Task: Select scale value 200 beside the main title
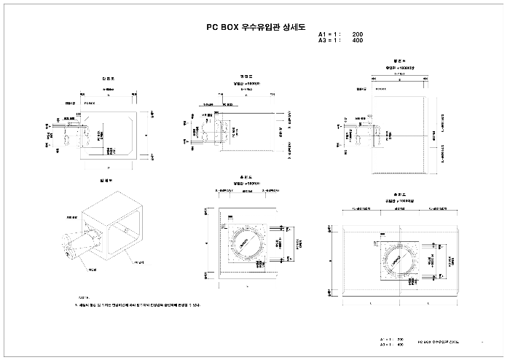pyautogui.click(x=358, y=35)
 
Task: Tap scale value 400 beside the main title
pyautogui.click(x=358, y=41)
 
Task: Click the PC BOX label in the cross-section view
pyautogui.click(x=90, y=105)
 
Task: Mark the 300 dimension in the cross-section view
pyautogui.click(x=79, y=115)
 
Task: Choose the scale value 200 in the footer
pyautogui.click(x=400, y=340)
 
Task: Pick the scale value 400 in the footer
pyautogui.click(x=400, y=345)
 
